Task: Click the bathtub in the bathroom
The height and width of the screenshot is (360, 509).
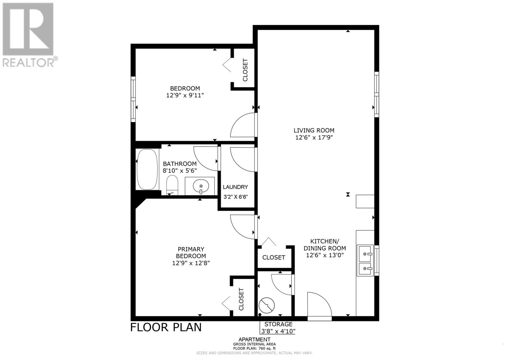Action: (147, 169)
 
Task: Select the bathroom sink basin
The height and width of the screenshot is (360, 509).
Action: (201, 186)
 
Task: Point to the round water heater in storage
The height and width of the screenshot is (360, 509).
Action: (266, 306)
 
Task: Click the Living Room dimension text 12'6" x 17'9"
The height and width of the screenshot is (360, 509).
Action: (314, 138)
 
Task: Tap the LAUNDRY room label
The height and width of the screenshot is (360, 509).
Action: (235, 187)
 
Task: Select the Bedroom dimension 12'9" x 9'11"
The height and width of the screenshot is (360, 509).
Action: (185, 95)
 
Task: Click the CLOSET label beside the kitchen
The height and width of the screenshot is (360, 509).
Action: (274, 258)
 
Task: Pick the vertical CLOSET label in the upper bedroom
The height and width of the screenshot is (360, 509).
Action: (245, 70)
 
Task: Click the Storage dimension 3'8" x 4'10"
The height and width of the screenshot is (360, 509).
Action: (278, 331)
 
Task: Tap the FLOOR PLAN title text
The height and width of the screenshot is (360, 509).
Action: (166, 327)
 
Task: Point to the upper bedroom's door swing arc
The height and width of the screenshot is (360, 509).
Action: (242, 126)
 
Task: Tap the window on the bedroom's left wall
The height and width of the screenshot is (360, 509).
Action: (133, 99)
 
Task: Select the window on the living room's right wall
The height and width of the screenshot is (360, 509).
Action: (377, 94)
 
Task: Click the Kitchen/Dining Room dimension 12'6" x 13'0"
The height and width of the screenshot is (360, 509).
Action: (325, 255)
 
